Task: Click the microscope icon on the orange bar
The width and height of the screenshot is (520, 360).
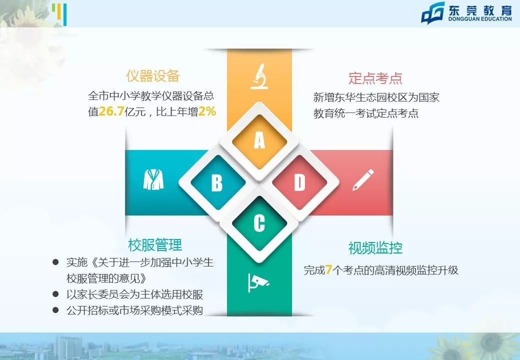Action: [259, 76]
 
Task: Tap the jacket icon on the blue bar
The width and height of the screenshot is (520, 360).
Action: [153, 179]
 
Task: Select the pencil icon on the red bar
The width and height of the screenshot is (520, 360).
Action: [363, 180]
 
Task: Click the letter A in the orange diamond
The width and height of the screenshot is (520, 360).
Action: [259, 141]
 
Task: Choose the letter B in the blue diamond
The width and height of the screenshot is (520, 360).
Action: [216, 182]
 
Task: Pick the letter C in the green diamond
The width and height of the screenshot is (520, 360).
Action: [259, 223]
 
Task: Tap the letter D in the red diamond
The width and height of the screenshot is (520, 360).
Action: [299, 182]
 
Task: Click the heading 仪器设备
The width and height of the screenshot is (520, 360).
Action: [152, 76]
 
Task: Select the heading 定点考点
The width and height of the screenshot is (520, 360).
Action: [375, 78]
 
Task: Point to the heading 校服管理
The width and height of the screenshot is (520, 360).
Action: [155, 245]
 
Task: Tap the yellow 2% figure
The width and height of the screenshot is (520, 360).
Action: [207, 111]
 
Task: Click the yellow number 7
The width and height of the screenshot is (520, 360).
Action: [329, 270]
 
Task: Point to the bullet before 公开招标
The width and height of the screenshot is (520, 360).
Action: [56, 310]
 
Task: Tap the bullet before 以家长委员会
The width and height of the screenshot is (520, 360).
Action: [56, 294]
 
